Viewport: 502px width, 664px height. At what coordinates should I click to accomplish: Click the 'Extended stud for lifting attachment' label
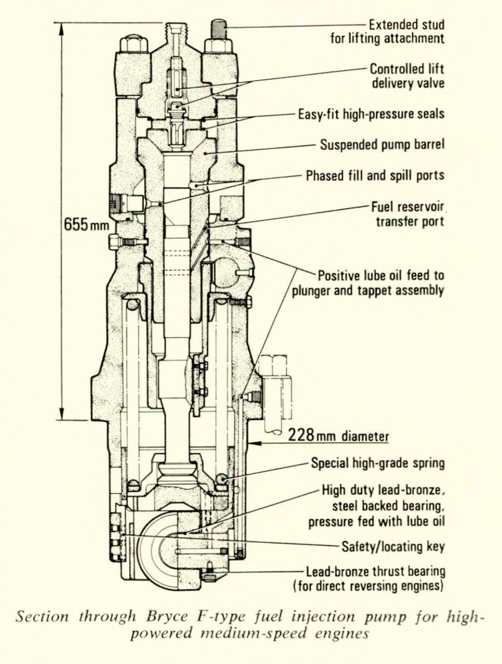click(387, 31)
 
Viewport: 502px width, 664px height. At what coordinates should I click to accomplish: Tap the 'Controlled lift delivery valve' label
click(407, 76)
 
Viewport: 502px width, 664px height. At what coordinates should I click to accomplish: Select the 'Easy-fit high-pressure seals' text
click(371, 114)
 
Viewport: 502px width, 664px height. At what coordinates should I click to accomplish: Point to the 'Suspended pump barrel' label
click(381, 144)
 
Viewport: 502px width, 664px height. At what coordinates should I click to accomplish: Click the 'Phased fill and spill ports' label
click(375, 176)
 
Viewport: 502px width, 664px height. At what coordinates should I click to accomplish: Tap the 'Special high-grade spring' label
click(378, 463)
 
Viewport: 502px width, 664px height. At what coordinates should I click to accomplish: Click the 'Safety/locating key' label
click(393, 547)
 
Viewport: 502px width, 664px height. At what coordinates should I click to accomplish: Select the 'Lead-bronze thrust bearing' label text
click(375, 572)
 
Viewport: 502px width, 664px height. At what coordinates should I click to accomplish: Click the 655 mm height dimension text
click(87, 224)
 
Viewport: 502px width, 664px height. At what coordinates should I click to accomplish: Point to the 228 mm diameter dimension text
click(338, 436)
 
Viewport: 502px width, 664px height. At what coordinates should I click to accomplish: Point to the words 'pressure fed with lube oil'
click(376, 521)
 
